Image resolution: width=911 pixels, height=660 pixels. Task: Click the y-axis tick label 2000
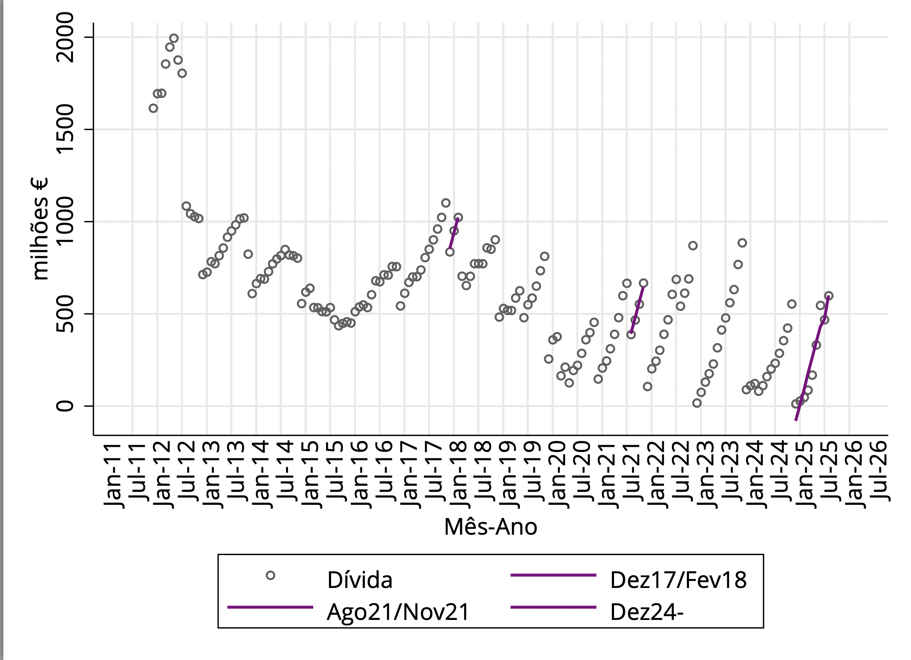pyautogui.click(x=65, y=38)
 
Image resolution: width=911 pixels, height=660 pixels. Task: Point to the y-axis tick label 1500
pyautogui.click(x=65, y=130)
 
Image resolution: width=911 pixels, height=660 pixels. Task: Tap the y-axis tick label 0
pyautogui.click(x=65, y=405)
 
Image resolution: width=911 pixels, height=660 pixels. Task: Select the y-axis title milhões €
pyautogui.click(x=40, y=229)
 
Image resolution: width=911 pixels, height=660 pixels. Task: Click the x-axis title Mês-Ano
pyautogui.click(x=490, y=527)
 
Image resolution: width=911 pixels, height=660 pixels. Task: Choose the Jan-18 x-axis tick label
pyautogui.click(x=459, y=475)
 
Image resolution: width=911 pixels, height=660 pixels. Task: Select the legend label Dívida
pyautogui.click(x=360, y=580)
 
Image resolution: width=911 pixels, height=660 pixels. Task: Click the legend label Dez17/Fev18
pyautogui.click(x=678, y=580)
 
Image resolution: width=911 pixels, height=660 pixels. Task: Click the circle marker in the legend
pyautogui.click(x=270, y=576)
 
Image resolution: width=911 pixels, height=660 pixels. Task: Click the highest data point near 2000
pyautogui.click(x=174, y=38)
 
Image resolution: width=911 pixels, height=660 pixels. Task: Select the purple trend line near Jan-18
pyautogui.click(x=453, y=234)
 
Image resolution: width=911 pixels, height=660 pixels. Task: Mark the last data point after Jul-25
pyautogui.click(x=828, y=296)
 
